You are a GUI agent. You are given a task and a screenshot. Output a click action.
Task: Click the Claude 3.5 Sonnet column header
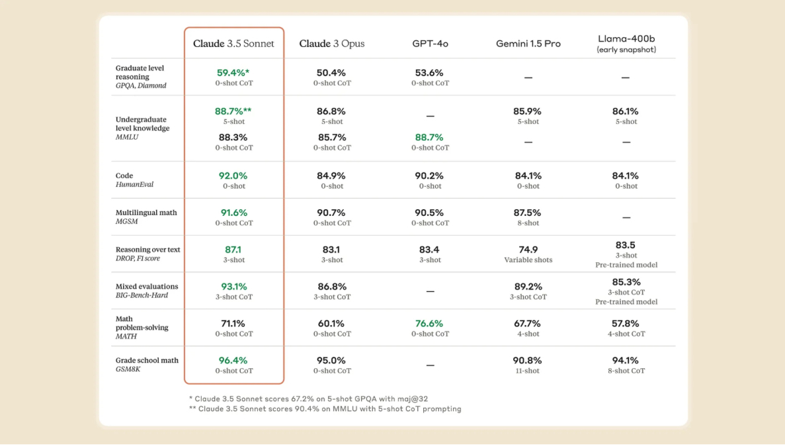coord(233,44)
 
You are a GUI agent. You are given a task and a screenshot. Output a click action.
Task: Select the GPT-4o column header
coord(430,44)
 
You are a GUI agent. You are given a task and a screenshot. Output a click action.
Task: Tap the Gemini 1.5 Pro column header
coord(528,44)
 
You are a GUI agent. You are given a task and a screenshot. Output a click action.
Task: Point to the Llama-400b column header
coord(626,40)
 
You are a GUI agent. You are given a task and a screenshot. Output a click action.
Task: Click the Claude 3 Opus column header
coord(331,44)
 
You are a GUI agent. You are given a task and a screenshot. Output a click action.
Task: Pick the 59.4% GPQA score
coord(233,73)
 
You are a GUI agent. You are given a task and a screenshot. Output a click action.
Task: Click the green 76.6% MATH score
coord(430,324)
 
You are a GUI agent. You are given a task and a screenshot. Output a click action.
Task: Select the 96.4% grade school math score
coord(233,361)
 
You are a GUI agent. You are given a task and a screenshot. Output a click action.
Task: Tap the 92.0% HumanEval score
coord(233,176)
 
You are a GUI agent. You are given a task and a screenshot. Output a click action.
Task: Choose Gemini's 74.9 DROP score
coord(528,250)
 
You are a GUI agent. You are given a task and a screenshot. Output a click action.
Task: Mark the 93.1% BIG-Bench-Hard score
coord(233,287)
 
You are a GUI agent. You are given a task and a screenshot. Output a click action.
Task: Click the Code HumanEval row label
coord(134,180)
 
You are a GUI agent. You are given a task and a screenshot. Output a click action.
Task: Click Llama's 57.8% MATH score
coord(626,324)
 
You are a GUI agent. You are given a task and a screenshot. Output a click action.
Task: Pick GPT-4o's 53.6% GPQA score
coord(430,73)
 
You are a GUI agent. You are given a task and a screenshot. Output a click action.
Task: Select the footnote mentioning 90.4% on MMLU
coord(325,409)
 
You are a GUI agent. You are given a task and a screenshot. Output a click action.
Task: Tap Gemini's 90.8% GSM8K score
coord(528,361)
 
